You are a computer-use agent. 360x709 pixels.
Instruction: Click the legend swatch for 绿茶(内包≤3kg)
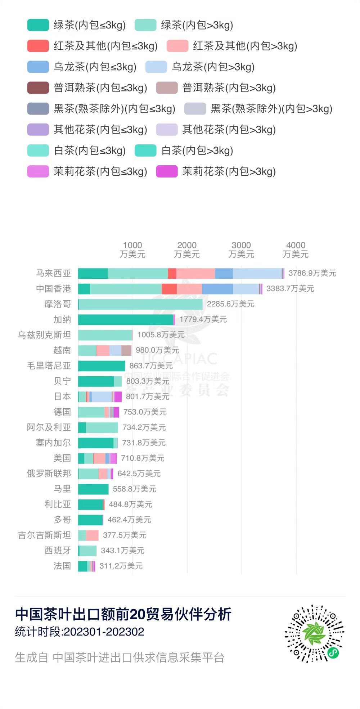click(x=38, y=25)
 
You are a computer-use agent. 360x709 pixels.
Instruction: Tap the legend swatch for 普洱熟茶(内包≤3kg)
click(x=38, y=88)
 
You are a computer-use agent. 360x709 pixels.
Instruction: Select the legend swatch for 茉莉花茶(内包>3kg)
click(x=167, y=171)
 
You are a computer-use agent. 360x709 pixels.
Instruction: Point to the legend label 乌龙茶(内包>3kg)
click(x=213, y=67)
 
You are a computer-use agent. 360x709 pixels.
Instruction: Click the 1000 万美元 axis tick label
click(x=132, y=250)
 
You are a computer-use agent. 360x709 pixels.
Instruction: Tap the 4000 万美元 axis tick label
click(x=296, y=250)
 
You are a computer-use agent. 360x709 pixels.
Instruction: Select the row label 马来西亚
click(x=53, y=273)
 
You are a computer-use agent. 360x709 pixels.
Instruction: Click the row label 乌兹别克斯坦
click(x=44, y=335)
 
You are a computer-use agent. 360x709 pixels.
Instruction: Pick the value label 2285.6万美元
click(x=230, y=304)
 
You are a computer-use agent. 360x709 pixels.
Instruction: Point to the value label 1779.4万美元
click(x=203, y=319)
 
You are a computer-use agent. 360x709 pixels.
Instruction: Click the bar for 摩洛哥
click(x=140, y=304)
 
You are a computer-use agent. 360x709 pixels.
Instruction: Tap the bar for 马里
click(x=93, y=489)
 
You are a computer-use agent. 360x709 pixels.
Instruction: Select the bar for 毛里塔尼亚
click(x=102, y=366)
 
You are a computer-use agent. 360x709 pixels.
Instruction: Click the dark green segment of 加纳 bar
click(x=125, y=320)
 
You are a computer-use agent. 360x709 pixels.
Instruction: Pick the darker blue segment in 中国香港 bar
click(x=217, y=289)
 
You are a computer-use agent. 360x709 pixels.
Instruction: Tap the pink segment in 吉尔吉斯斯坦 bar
click(x=92, y=535)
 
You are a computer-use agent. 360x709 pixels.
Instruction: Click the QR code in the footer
click(x=314, y=633)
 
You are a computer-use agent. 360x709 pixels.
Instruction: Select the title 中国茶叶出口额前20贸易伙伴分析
click(x=123, y=614)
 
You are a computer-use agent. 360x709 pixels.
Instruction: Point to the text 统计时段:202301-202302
click(x=80, y=632)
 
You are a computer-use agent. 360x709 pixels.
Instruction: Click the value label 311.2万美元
click(x=121, y=566)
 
